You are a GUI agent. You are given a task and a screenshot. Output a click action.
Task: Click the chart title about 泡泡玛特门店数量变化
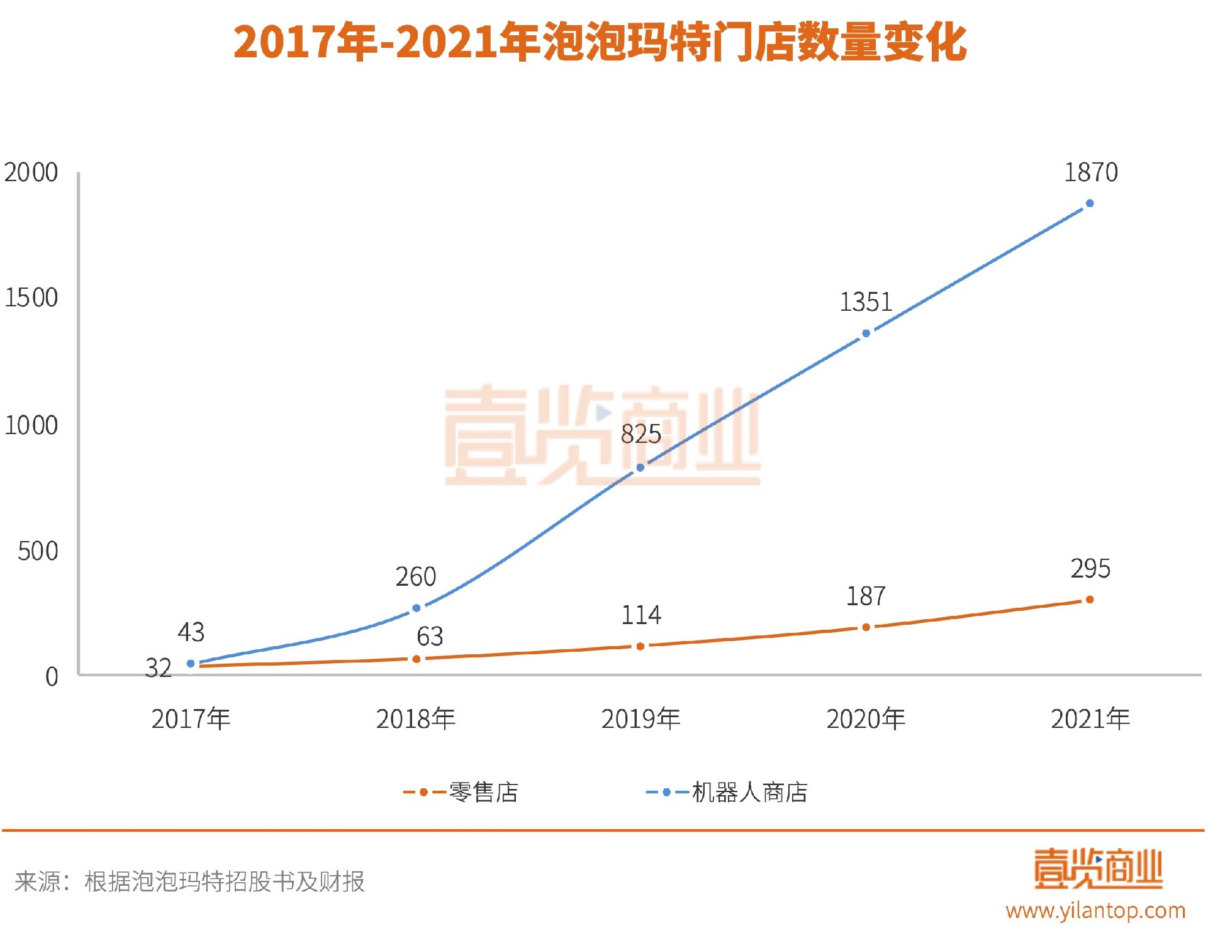(600, 43)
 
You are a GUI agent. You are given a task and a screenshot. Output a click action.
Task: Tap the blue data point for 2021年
(1090, 203)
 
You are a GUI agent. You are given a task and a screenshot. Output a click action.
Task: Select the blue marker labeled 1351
(866, 333)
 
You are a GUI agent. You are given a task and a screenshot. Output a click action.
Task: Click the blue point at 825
(640, 467)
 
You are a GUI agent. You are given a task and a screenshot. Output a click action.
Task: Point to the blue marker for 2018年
(416, 608)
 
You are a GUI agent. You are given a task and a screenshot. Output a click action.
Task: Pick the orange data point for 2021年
(1090, 600)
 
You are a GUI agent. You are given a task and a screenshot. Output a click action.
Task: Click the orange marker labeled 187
(866, 627)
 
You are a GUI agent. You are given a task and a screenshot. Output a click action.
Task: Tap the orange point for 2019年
(640, 646)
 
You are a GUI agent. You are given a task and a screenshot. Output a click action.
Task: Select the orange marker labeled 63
(416, 659)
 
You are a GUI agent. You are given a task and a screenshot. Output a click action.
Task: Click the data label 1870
(1090, 172)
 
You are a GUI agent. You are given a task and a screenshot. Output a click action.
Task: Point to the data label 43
(191, 632)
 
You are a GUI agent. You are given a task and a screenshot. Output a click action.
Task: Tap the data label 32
(158, 668)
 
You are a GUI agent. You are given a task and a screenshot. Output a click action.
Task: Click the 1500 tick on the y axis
(31, 298)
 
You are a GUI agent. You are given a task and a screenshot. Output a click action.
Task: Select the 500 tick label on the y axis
(38, 551)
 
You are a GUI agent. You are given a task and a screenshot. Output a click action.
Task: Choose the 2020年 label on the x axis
(866, 719)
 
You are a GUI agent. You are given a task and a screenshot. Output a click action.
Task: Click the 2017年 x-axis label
(191, 719)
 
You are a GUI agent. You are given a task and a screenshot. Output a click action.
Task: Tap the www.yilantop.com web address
(1095, 910)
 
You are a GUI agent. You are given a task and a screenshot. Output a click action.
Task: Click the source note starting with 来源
(189, 881)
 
